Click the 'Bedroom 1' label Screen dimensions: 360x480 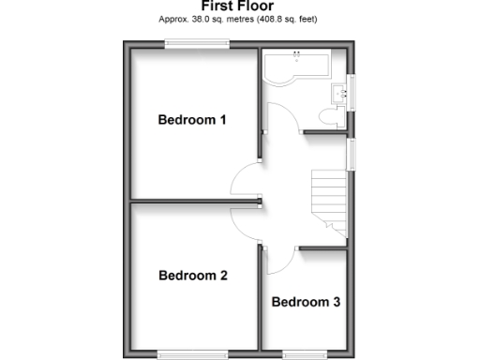tap(192, 120)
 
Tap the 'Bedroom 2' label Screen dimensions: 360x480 tap(192, 276)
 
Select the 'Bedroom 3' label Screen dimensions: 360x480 tap(306, 302)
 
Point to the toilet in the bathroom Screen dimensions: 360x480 tap(329, 116)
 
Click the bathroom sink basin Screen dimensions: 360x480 tap(339, 92)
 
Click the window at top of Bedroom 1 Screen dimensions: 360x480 tap(197, 41)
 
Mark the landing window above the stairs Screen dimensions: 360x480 tap(352, 156)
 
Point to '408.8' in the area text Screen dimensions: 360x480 tap(274, 19)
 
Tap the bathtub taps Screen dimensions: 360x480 tap(296, 53)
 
